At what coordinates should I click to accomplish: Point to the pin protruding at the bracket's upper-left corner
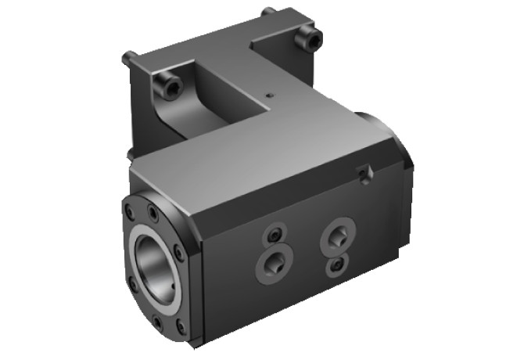[x=129, y=57]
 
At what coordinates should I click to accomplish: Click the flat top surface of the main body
[x=258, y=157]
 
